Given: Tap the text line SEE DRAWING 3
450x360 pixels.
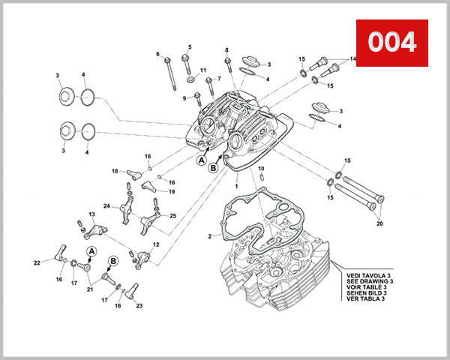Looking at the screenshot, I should [x=370, y=281].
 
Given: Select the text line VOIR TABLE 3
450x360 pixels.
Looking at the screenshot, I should [x=368, y=287].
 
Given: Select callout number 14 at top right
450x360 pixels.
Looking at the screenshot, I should [x=352, y=60].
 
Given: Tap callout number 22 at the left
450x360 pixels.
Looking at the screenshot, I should [x=36, y=262].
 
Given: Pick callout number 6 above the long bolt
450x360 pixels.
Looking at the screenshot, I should [x=158, y=54].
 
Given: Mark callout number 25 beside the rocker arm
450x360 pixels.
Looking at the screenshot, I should [x=173, y=216].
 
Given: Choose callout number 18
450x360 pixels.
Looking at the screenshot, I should [x=115, y=172].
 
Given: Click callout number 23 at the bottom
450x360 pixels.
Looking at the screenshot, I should [x=139, y=305].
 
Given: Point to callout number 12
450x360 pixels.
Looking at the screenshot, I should [x=156, y=244].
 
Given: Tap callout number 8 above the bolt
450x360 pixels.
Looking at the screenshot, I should [x=226, y=50].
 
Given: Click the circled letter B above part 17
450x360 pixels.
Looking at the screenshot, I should [x=114, y=261].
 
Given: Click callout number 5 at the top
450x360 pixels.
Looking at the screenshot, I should [x=189, y=46].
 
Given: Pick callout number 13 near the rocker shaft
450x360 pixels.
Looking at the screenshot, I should [x=91, y=215].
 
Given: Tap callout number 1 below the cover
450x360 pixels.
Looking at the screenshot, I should [x=236, y=185].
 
